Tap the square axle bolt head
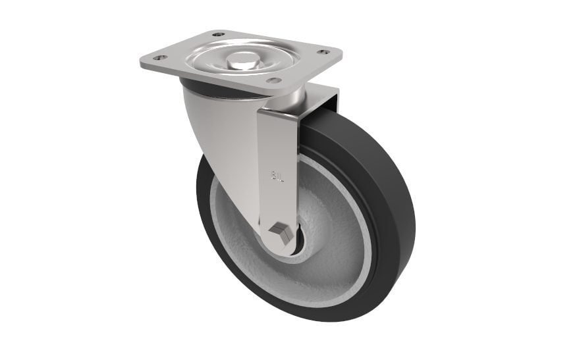pyautogui.click(x=282, y=232)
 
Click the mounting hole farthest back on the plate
pyautogui.click(x=217, y=34)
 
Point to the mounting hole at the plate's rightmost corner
pyautogui.click(x=323, y=51)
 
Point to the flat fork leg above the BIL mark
pyautogui.click(x=277, y=138)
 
